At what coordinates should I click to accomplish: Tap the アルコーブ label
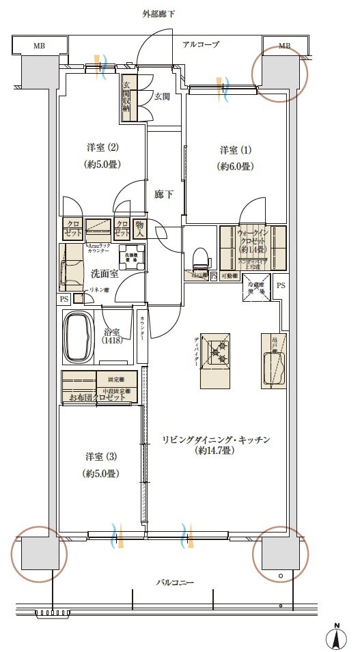200,45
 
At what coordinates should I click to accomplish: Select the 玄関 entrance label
162,97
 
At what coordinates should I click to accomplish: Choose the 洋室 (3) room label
102,457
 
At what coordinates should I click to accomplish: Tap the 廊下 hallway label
163,195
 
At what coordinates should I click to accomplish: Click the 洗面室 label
105,273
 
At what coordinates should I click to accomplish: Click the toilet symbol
201,258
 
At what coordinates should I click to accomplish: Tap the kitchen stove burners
219,352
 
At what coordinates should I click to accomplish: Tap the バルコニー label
175,583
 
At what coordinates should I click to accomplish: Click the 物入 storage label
139,229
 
